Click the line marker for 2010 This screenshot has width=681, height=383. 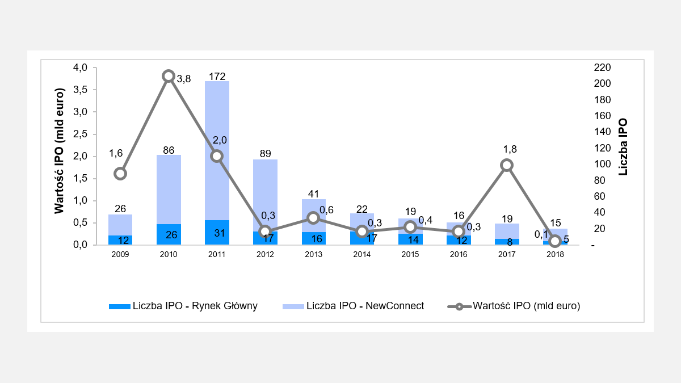click(169, 76)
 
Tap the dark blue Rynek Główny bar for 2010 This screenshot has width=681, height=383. click(169, 234)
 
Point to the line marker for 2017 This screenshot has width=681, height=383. click(507, 165)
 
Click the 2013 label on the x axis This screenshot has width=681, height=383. click(313, 255)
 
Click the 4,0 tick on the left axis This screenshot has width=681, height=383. click(81, 68)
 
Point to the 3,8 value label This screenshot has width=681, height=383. click(184, 79)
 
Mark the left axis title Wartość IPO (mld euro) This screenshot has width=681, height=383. click(60, 150)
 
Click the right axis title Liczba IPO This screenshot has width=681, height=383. click(623, 146)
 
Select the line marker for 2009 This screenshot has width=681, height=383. click(120, 174)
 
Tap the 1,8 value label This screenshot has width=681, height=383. click(510, 149)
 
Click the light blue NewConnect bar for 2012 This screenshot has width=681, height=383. click(265, 193)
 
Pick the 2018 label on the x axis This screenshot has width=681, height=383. click(556, 255)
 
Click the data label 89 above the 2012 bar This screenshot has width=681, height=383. click(265, 153)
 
